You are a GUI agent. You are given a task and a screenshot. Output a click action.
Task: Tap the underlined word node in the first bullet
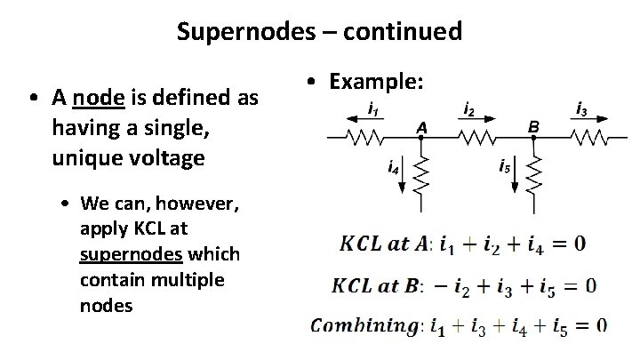coord(95,97)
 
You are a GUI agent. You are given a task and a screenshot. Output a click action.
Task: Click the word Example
coord(377,83)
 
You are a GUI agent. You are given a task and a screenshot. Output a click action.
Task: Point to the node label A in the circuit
coord(422,128)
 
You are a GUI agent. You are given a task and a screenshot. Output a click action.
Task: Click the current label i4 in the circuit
coord(390,165)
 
